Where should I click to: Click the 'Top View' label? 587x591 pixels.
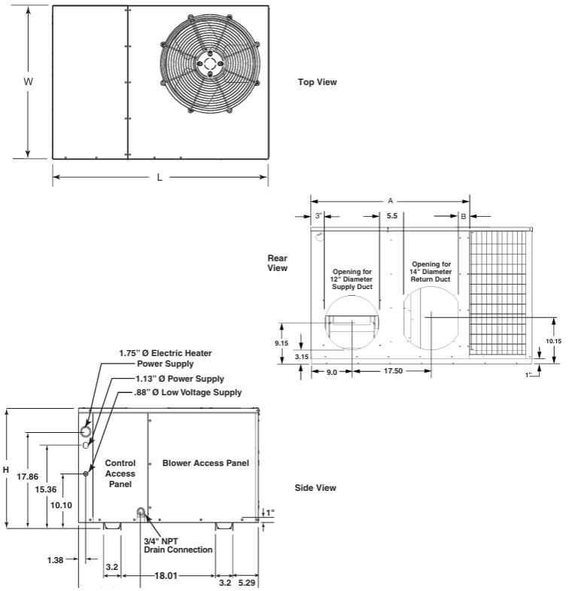318,82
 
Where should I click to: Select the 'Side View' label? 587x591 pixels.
315,488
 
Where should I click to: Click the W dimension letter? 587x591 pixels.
29,81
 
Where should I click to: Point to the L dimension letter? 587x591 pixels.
160,178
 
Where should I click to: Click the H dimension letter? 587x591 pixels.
6,470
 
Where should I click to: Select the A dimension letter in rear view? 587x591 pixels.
390,201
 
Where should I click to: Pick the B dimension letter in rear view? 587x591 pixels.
464,216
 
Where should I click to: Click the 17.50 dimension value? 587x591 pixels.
392,372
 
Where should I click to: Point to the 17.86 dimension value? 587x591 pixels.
27,477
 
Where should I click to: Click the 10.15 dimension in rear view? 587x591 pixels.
553,340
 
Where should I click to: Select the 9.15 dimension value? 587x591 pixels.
282,343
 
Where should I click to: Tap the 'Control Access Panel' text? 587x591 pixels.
120,474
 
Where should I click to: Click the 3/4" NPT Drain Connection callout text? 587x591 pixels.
178,545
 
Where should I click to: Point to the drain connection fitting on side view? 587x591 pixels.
141,513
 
